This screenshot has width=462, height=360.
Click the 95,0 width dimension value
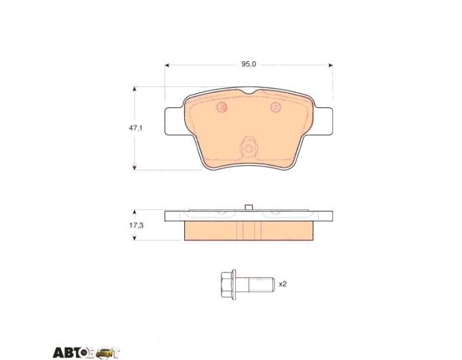point(249,64)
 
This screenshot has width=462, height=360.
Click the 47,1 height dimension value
point(135,128)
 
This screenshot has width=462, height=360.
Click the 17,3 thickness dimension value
point(136,226)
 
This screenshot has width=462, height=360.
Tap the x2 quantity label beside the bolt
point(283,284)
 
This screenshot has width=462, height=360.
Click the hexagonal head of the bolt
point(226,285)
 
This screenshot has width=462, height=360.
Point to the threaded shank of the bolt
point(261,285)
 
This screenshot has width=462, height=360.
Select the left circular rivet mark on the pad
point(222,107)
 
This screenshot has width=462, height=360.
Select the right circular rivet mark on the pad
point(276,107)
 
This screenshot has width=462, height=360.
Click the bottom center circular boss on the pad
point(249,148)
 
